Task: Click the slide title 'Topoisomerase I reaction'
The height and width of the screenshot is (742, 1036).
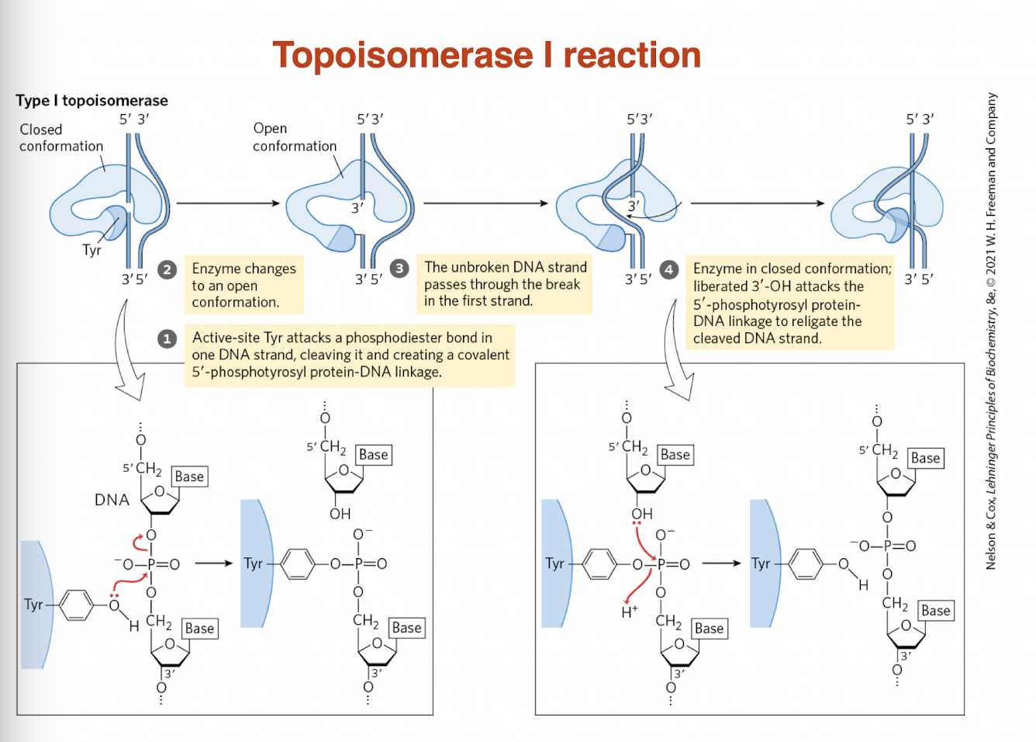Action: [x=486, y=56]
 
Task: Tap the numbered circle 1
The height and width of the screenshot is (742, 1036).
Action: [x=167, y=339]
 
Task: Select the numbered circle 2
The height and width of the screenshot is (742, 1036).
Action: [x=167, y=269]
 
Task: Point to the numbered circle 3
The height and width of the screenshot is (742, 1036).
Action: [x=399, y=269]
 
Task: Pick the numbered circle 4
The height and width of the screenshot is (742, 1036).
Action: [x=668, y=269]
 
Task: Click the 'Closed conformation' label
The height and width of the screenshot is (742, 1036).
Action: [x=60, y=138]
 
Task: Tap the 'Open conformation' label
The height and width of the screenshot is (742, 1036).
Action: [x=294, y=137]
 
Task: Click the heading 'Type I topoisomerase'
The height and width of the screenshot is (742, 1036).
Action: [x=92, y=101]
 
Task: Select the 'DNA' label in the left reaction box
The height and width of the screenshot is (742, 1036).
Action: [x=112, y=501]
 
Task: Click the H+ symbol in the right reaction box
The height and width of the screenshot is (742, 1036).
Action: [x=629, y=612]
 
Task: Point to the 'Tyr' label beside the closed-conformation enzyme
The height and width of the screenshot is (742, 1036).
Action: [x=92, y=251]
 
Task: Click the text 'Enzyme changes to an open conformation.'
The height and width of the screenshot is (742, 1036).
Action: [x=243, y=285]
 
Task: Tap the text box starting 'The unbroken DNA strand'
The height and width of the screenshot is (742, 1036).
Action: [x=505, y=284]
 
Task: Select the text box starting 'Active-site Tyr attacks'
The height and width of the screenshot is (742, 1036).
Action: [x=350, y=355]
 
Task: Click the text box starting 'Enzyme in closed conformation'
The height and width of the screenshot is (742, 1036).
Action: [x=791, y=303]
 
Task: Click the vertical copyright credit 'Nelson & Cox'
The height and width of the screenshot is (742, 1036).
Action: [x=991, y=332]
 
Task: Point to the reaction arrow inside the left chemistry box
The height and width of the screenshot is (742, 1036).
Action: [x=213, y=563]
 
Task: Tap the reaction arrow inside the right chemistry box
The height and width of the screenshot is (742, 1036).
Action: [x=721, y=563]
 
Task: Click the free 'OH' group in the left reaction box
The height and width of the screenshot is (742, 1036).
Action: [x=340, y=514]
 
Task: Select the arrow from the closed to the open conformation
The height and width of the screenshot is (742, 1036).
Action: [x=228, y=203]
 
